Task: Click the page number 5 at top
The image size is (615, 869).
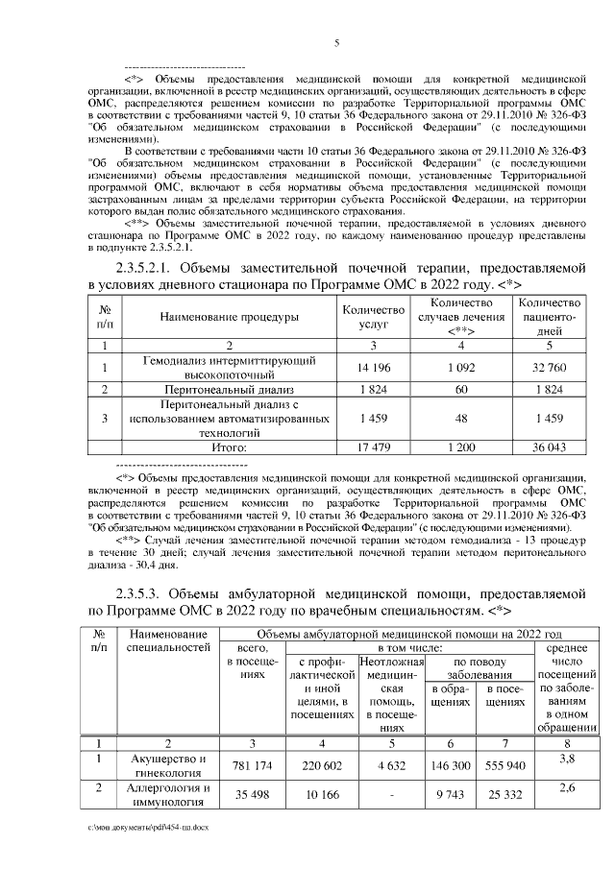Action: [336, 43]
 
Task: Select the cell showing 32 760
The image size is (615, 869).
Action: [550, 367]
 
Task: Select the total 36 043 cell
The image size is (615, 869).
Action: [550, 447]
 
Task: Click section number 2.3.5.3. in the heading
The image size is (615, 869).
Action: [144, 592]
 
